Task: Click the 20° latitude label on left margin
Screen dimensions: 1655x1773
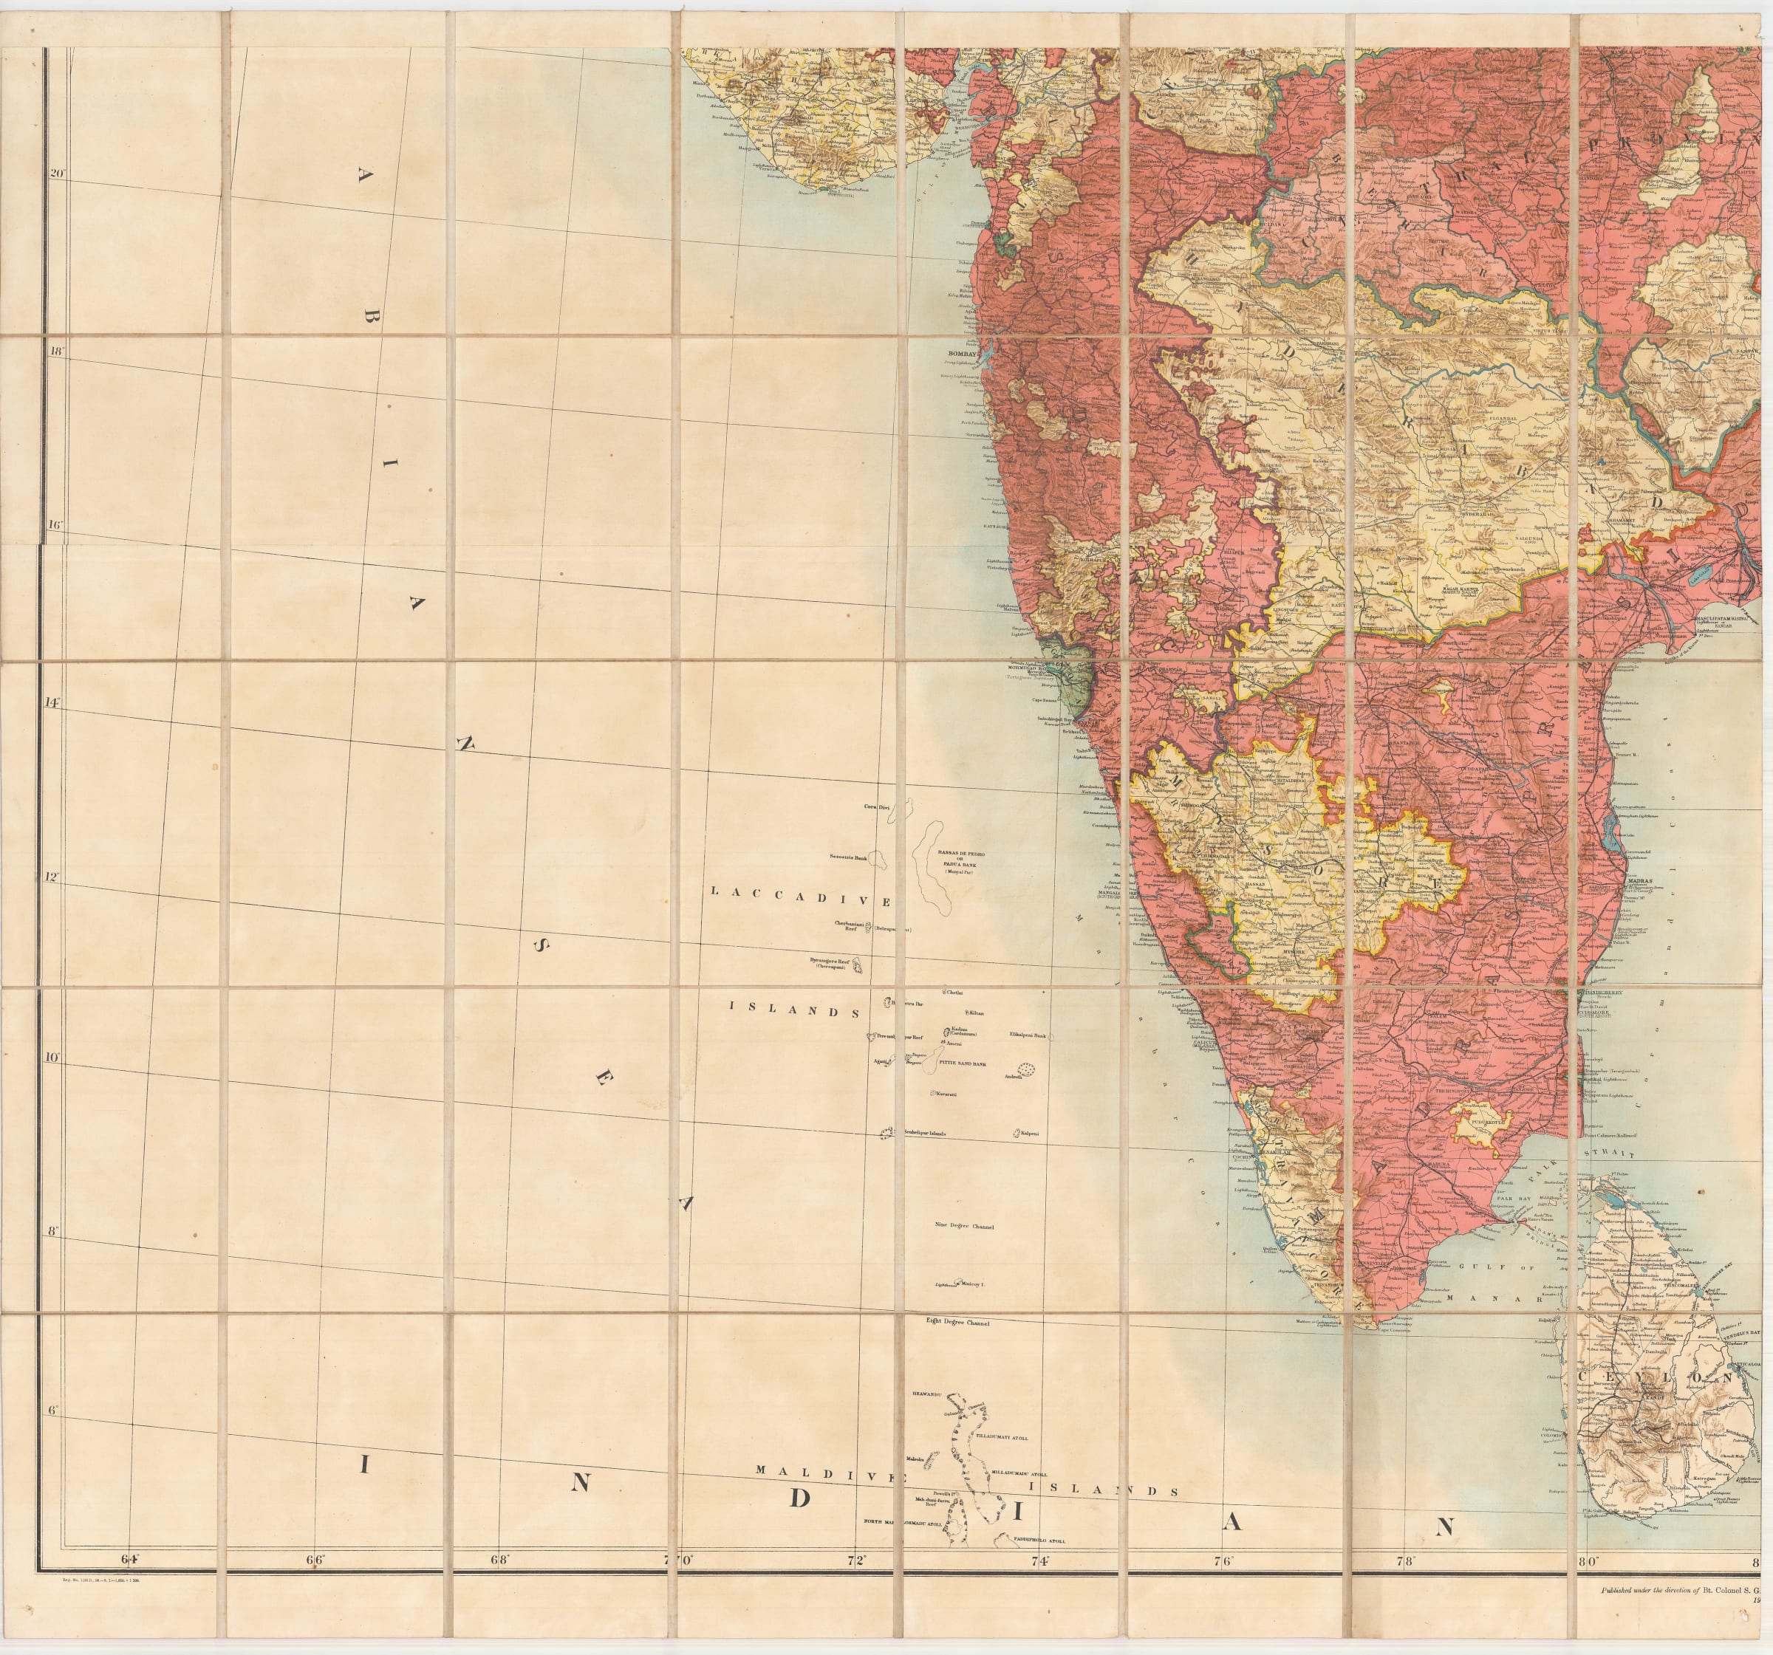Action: pos(57,173)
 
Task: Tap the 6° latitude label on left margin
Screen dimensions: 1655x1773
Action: pos(52,1411)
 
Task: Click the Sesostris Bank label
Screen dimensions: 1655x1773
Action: pos(848,856)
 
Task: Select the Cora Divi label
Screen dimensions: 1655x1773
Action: pos(877,806)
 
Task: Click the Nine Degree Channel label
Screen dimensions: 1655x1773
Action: pos(963,1226)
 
